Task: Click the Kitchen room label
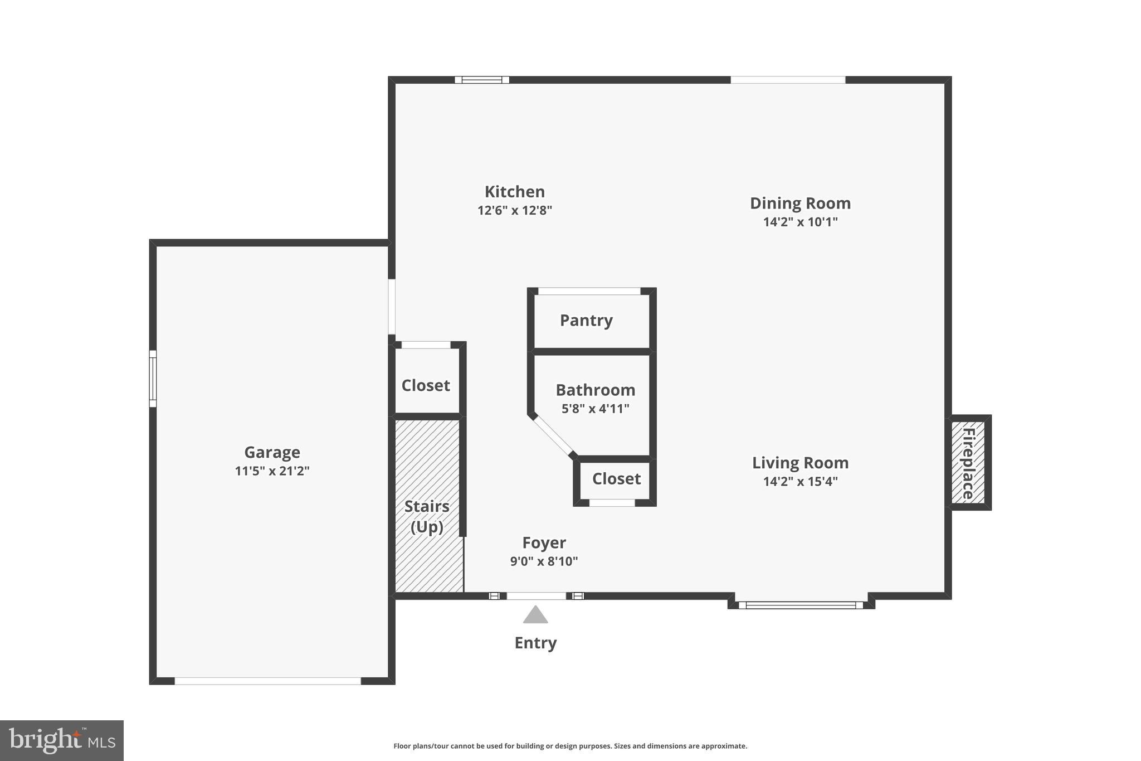click(x=514, y=192)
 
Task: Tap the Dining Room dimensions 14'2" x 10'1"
click(x=800, y=222)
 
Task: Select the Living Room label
click(x=800, y=463)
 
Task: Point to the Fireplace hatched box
click(x=968, y=463)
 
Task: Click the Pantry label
click(x=586, y=321)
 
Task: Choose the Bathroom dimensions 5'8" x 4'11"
click(x=595, y=409)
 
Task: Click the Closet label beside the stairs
click(x=426, y=385)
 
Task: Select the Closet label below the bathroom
click(x=616, y=479)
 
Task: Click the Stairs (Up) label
click(x=427, y=516)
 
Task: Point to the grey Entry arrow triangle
click(x=535, y=615)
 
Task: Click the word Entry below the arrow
click(x=535, y=643)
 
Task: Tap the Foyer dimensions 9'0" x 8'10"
click(x=544, y=561)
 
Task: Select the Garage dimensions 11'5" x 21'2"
click(x=272, y=471)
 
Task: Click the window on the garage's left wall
click(x=153, y=379)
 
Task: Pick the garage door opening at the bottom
click(x=268, y=681)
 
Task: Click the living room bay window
click(x=801, y=605)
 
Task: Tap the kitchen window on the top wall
click(x=482, y=80)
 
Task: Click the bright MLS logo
click(x=61, y=740)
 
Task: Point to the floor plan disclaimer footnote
click(x=570, y=746)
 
